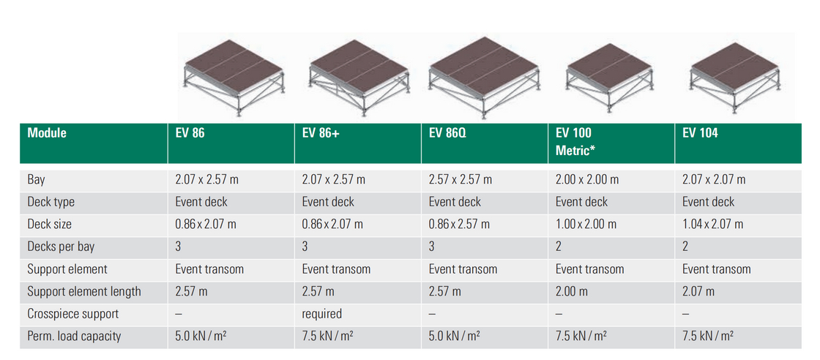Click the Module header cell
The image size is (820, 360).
point(47,133)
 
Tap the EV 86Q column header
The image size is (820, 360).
point(445,133)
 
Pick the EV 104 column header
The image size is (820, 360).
point(700,133)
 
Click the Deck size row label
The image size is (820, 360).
point(50,224)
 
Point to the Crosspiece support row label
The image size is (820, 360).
point(73,314)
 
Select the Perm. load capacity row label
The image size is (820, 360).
point(74,336)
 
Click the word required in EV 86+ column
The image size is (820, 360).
point(321,314)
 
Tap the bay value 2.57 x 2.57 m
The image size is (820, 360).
point(460,179)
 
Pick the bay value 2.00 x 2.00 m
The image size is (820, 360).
point(586,179)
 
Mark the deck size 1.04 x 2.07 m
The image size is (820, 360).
point(712,224)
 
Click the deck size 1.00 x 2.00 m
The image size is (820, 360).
point(586,224)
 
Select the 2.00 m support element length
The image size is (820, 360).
point(571,291)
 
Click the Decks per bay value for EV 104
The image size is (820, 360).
point(685,247)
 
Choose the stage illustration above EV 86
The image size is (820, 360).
point(232,77)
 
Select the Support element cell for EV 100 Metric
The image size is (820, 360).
point(589,269)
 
